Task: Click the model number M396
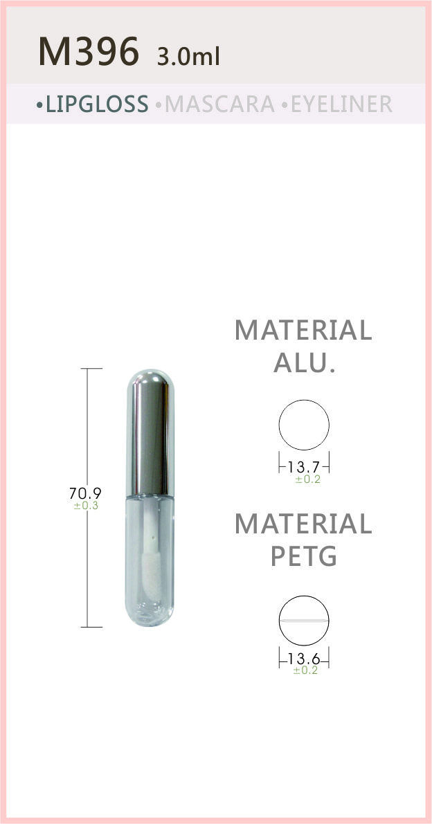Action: pyautogui.click(x=89, y=51)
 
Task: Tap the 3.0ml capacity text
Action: pyautogui.click(x=188, y=56)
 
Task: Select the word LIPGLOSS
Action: pyautogui.click(x=97, y=104)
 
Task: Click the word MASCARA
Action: pyautogui.click(x=219, y=104)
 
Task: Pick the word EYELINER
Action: pyautogui.click(x=341, y=104)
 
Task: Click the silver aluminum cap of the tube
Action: pyautogui.click(x=150, y=432)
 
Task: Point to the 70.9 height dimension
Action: pyautogui.click(x=85, y=493)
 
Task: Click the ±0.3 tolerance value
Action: pyautogui.click(x=86, y=506)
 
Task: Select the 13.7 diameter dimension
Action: pyautogui.click(x=304, y=466)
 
